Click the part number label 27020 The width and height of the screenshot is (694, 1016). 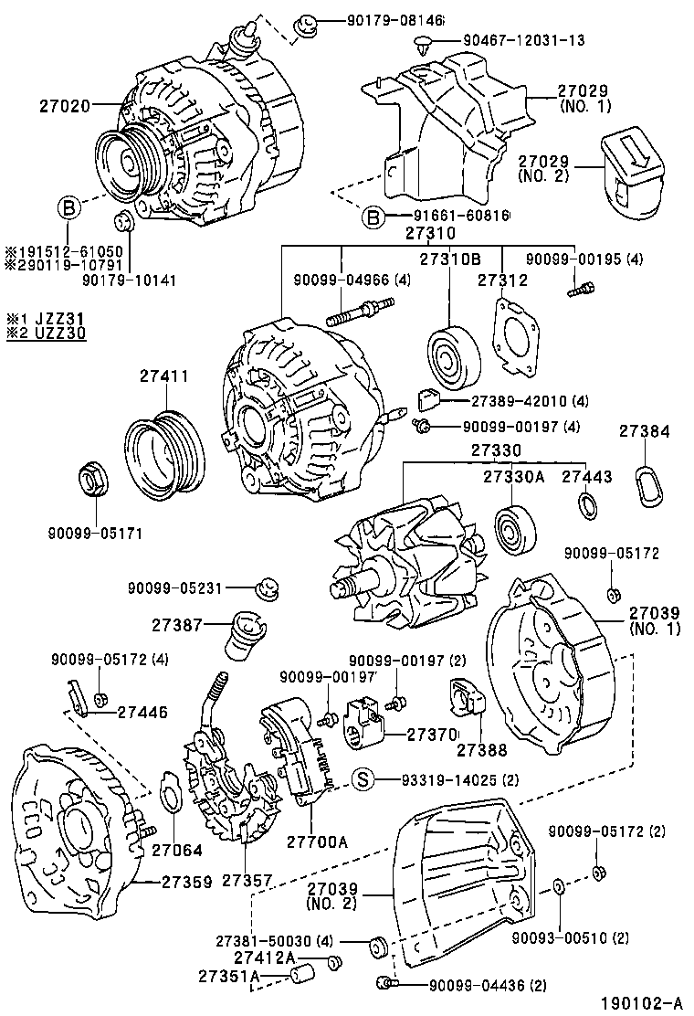pos(64,106)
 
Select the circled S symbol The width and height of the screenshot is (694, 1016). pos(363,779)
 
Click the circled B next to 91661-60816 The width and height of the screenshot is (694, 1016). pos(372,217)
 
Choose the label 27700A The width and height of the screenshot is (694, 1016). pos(318,841)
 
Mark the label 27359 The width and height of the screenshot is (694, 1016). pos(187,883)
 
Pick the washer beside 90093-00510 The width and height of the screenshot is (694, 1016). pos(559,886)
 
